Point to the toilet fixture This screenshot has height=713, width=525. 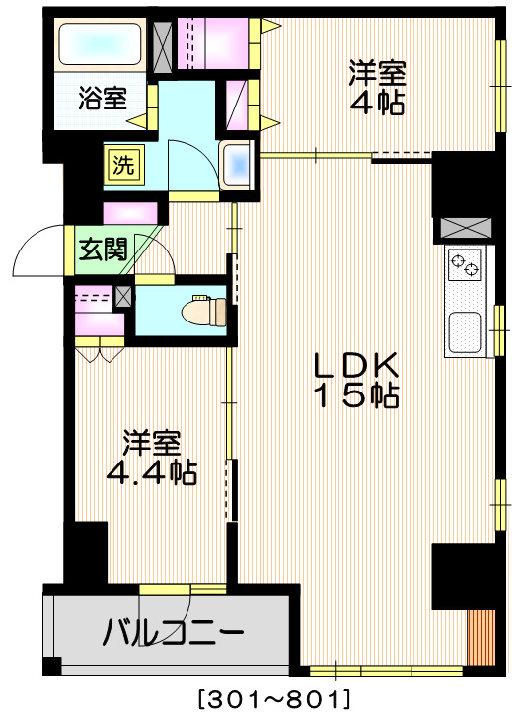tap(208, 309)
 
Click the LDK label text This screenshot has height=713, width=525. tap(354, 364)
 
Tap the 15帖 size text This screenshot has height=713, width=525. tap(355, 395)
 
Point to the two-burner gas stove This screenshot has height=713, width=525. tap(464, 264)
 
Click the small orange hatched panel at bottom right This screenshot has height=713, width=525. tap(482, 639)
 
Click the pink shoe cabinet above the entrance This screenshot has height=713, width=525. tap(130, 212)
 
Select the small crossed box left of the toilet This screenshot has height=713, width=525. tap(123, 294)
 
